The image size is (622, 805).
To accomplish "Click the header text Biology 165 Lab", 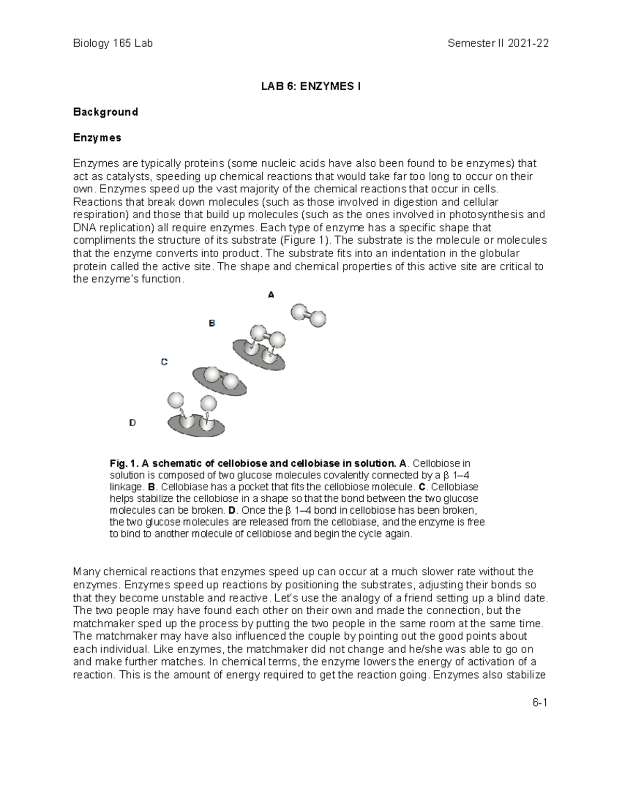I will pos(112,44).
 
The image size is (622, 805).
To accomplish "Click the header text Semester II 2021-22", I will pos(498,44).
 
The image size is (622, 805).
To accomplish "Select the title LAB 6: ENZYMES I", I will pos(310,87).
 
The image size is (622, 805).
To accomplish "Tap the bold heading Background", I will pos(105,112).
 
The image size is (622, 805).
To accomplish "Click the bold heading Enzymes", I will pos(97,138).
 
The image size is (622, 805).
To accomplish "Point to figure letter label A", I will pos(271,295).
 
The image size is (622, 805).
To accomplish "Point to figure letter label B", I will pos(211,323).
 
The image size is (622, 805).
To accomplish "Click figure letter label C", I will pos(164,362).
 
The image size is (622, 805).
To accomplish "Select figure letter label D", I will pos(132,423).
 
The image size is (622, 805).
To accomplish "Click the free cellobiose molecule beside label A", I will pos(308,315).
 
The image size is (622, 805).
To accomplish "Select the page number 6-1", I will pos(540,703).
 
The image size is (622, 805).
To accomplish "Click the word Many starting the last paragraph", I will pos(87,572).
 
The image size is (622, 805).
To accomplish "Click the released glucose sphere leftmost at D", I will pos(176,401).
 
